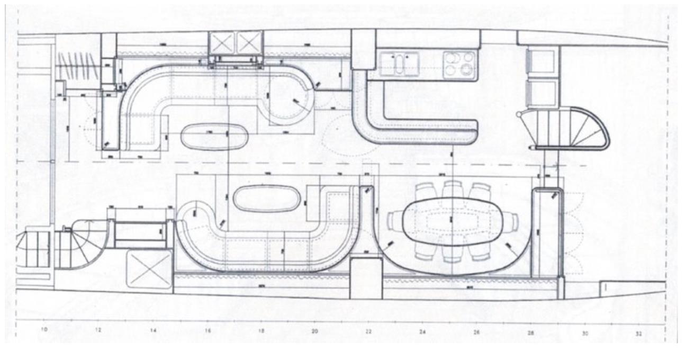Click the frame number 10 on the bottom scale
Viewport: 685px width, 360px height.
tap(44, 330)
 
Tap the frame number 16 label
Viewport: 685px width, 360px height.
tap(207, 330)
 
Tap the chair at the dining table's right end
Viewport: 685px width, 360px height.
tap(510, 220)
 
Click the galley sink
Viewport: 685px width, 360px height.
tap(399, 63)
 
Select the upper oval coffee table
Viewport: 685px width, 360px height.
tap(214, 137)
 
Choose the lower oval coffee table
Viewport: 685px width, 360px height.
tap(267, 199)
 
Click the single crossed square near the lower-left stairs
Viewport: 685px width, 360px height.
tap(149, 269)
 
